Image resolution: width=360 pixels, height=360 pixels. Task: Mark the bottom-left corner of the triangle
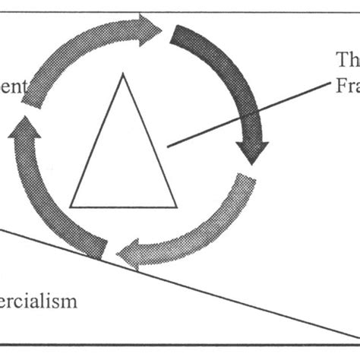point(71,207)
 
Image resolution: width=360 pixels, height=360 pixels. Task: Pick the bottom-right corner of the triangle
point(176,207)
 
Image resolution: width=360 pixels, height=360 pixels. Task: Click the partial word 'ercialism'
point(38,302)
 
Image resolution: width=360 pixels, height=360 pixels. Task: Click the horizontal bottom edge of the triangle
point(123,207)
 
